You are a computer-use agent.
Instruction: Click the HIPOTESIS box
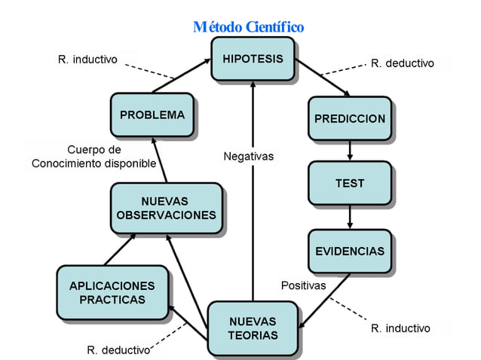252,59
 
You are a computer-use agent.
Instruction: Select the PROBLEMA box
152,115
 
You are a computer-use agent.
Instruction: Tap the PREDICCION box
349,118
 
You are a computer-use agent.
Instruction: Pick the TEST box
349,183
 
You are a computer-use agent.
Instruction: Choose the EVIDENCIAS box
349,251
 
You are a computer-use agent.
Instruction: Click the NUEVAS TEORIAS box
253,328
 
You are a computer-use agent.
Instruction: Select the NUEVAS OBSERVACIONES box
167,209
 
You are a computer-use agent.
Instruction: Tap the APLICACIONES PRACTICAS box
112,292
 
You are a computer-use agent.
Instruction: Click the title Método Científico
248,27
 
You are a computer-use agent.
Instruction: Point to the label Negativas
249,157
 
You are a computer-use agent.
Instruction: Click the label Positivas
303,285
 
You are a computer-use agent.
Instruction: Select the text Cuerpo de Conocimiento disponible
94,156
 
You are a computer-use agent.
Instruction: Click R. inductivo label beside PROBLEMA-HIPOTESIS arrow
87,59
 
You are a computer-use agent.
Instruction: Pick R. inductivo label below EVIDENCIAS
400,328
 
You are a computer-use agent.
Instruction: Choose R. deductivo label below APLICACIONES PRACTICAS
118,349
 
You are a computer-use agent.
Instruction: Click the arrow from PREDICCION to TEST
350,151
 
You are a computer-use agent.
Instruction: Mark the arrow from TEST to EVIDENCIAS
350,217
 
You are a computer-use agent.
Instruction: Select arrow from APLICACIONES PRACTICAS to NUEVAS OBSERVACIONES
120,249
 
